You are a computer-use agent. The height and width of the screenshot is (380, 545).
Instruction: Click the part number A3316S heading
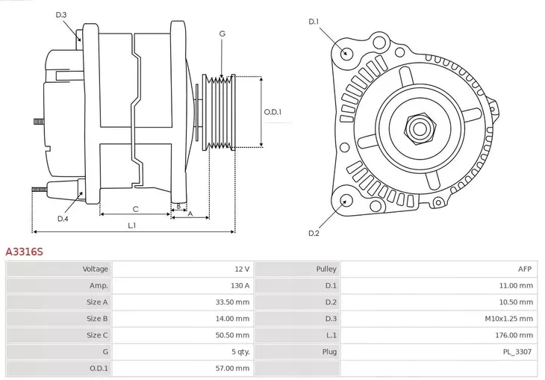click(x=25, y=252)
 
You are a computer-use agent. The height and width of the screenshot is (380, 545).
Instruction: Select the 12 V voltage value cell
click(x=242, y=269)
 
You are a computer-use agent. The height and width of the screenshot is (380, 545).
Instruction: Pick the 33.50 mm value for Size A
click(x=234, y=302)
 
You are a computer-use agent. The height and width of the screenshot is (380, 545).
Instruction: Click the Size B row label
click(x=97, y=319)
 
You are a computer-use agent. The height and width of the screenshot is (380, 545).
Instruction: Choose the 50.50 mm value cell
click(x=234, y=335)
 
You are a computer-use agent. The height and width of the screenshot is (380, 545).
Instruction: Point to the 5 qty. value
click(x=239, y=352)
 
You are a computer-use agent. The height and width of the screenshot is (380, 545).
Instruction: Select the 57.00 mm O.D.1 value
click(x=234, y=368)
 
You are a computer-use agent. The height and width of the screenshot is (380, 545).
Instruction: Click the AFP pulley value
click(x=525, y=269)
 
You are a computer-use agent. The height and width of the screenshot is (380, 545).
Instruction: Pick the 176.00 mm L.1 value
click(x=515, y=335)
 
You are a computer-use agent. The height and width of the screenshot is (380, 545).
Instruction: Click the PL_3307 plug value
click(x=517, y=352)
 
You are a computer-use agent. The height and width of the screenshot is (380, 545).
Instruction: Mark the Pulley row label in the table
click(x=326, y=269)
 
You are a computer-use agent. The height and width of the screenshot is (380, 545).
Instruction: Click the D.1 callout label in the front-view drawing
click(x=314, y=22)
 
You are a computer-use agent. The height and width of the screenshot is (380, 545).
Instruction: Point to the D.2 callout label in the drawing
click(x=314, y=234)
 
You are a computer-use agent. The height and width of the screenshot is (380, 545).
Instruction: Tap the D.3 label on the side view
click(x=61, y=15)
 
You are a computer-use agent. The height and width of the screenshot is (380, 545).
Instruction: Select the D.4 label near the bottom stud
click(x=63, y=219)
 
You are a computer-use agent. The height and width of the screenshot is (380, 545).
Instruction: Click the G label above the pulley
click(x=222, y=34)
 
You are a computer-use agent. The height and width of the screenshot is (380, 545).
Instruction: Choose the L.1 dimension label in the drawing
click(x=131, y=225)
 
